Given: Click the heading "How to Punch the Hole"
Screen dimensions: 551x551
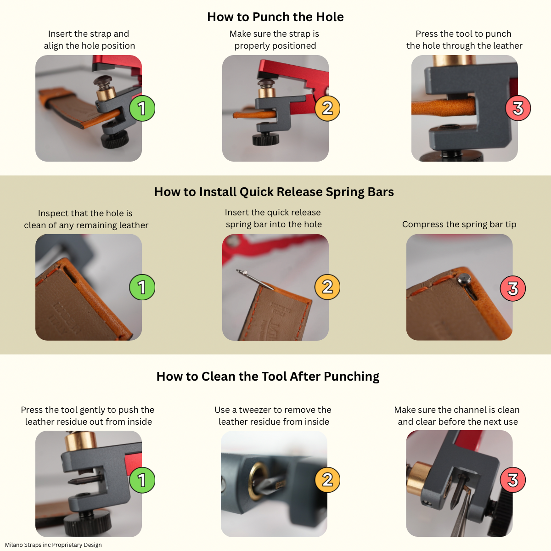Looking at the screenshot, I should click(275, 17).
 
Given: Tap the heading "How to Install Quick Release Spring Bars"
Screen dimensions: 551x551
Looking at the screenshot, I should click(274, 192).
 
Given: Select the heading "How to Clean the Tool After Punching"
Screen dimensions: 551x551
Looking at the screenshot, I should click(268, 377).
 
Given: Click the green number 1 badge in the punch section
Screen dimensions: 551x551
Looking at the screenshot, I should click(142, 108).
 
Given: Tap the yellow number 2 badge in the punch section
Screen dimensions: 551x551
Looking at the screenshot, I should click(327, 108).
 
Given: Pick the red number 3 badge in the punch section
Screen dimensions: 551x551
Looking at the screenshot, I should click(518, 108).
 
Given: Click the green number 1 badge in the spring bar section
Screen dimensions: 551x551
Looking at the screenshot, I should click(142, 287).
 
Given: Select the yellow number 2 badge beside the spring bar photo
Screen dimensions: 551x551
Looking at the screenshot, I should click(327, 287).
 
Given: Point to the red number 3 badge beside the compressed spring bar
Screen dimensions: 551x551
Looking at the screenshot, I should click(512, 289).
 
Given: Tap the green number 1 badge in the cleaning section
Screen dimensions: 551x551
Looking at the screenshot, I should click(142, 480).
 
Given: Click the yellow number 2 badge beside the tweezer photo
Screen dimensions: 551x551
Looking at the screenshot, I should click(327, 480).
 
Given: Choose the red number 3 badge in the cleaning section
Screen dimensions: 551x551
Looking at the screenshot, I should click(512, 480).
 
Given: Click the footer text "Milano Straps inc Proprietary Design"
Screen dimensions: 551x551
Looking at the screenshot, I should click(53, 545).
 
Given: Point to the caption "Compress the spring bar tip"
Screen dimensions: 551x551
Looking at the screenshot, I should click(459, 225).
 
